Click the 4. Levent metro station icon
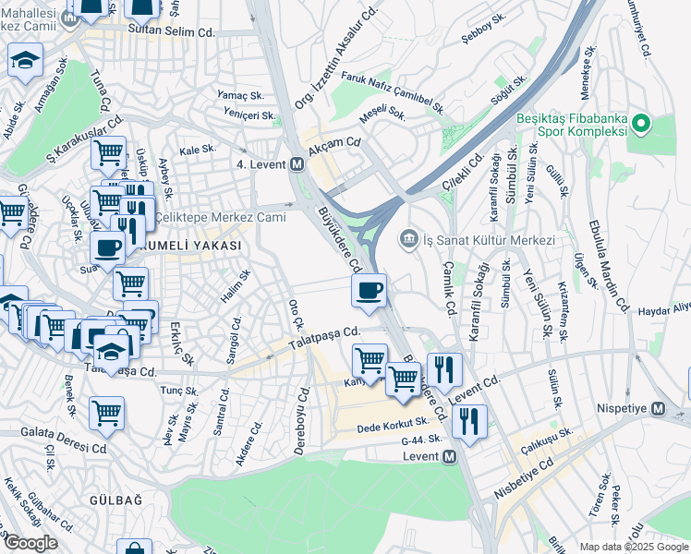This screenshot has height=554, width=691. click(297, 164)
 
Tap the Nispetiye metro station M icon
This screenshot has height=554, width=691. click(659, 408)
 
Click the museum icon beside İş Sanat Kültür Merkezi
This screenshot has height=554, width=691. click(407, 240)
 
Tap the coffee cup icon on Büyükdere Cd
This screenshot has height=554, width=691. click(369, 291)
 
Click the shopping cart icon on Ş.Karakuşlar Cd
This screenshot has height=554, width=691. click(109, 152)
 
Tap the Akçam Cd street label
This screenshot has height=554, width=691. click(335, 143)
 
